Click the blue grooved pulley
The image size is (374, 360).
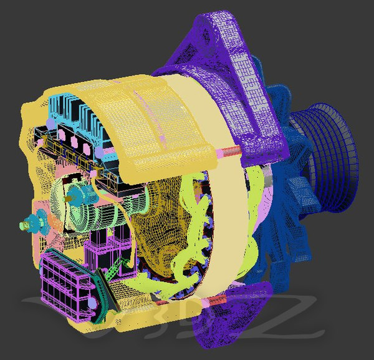333,156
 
